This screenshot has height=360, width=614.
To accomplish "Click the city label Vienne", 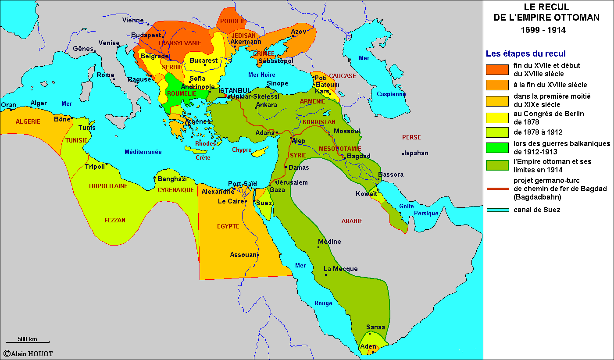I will coord(133,20).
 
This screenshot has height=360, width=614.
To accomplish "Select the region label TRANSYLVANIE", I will coord(179,43).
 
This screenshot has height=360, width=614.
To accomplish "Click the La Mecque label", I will coord(341,269).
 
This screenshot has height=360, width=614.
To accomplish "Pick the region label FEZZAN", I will coord(115,220).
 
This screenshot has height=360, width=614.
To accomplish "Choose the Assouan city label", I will coord(243,255).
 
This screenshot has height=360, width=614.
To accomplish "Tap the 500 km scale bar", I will coord(27,341).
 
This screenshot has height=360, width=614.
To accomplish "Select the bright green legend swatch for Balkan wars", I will coord(497,148).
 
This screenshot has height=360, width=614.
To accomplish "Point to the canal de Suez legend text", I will coord(537,210).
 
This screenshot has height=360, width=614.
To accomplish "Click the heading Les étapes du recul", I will coord(525,54).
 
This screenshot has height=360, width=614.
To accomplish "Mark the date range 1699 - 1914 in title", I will coord(543,30).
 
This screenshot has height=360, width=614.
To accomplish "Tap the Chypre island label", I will coord(242,150).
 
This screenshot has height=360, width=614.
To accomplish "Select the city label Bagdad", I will coord(359,156).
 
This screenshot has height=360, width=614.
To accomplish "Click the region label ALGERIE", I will coord(28,121).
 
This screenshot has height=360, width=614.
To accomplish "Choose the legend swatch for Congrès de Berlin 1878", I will coord(497,118).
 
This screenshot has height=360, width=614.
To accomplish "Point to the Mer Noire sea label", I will coord(262,75).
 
